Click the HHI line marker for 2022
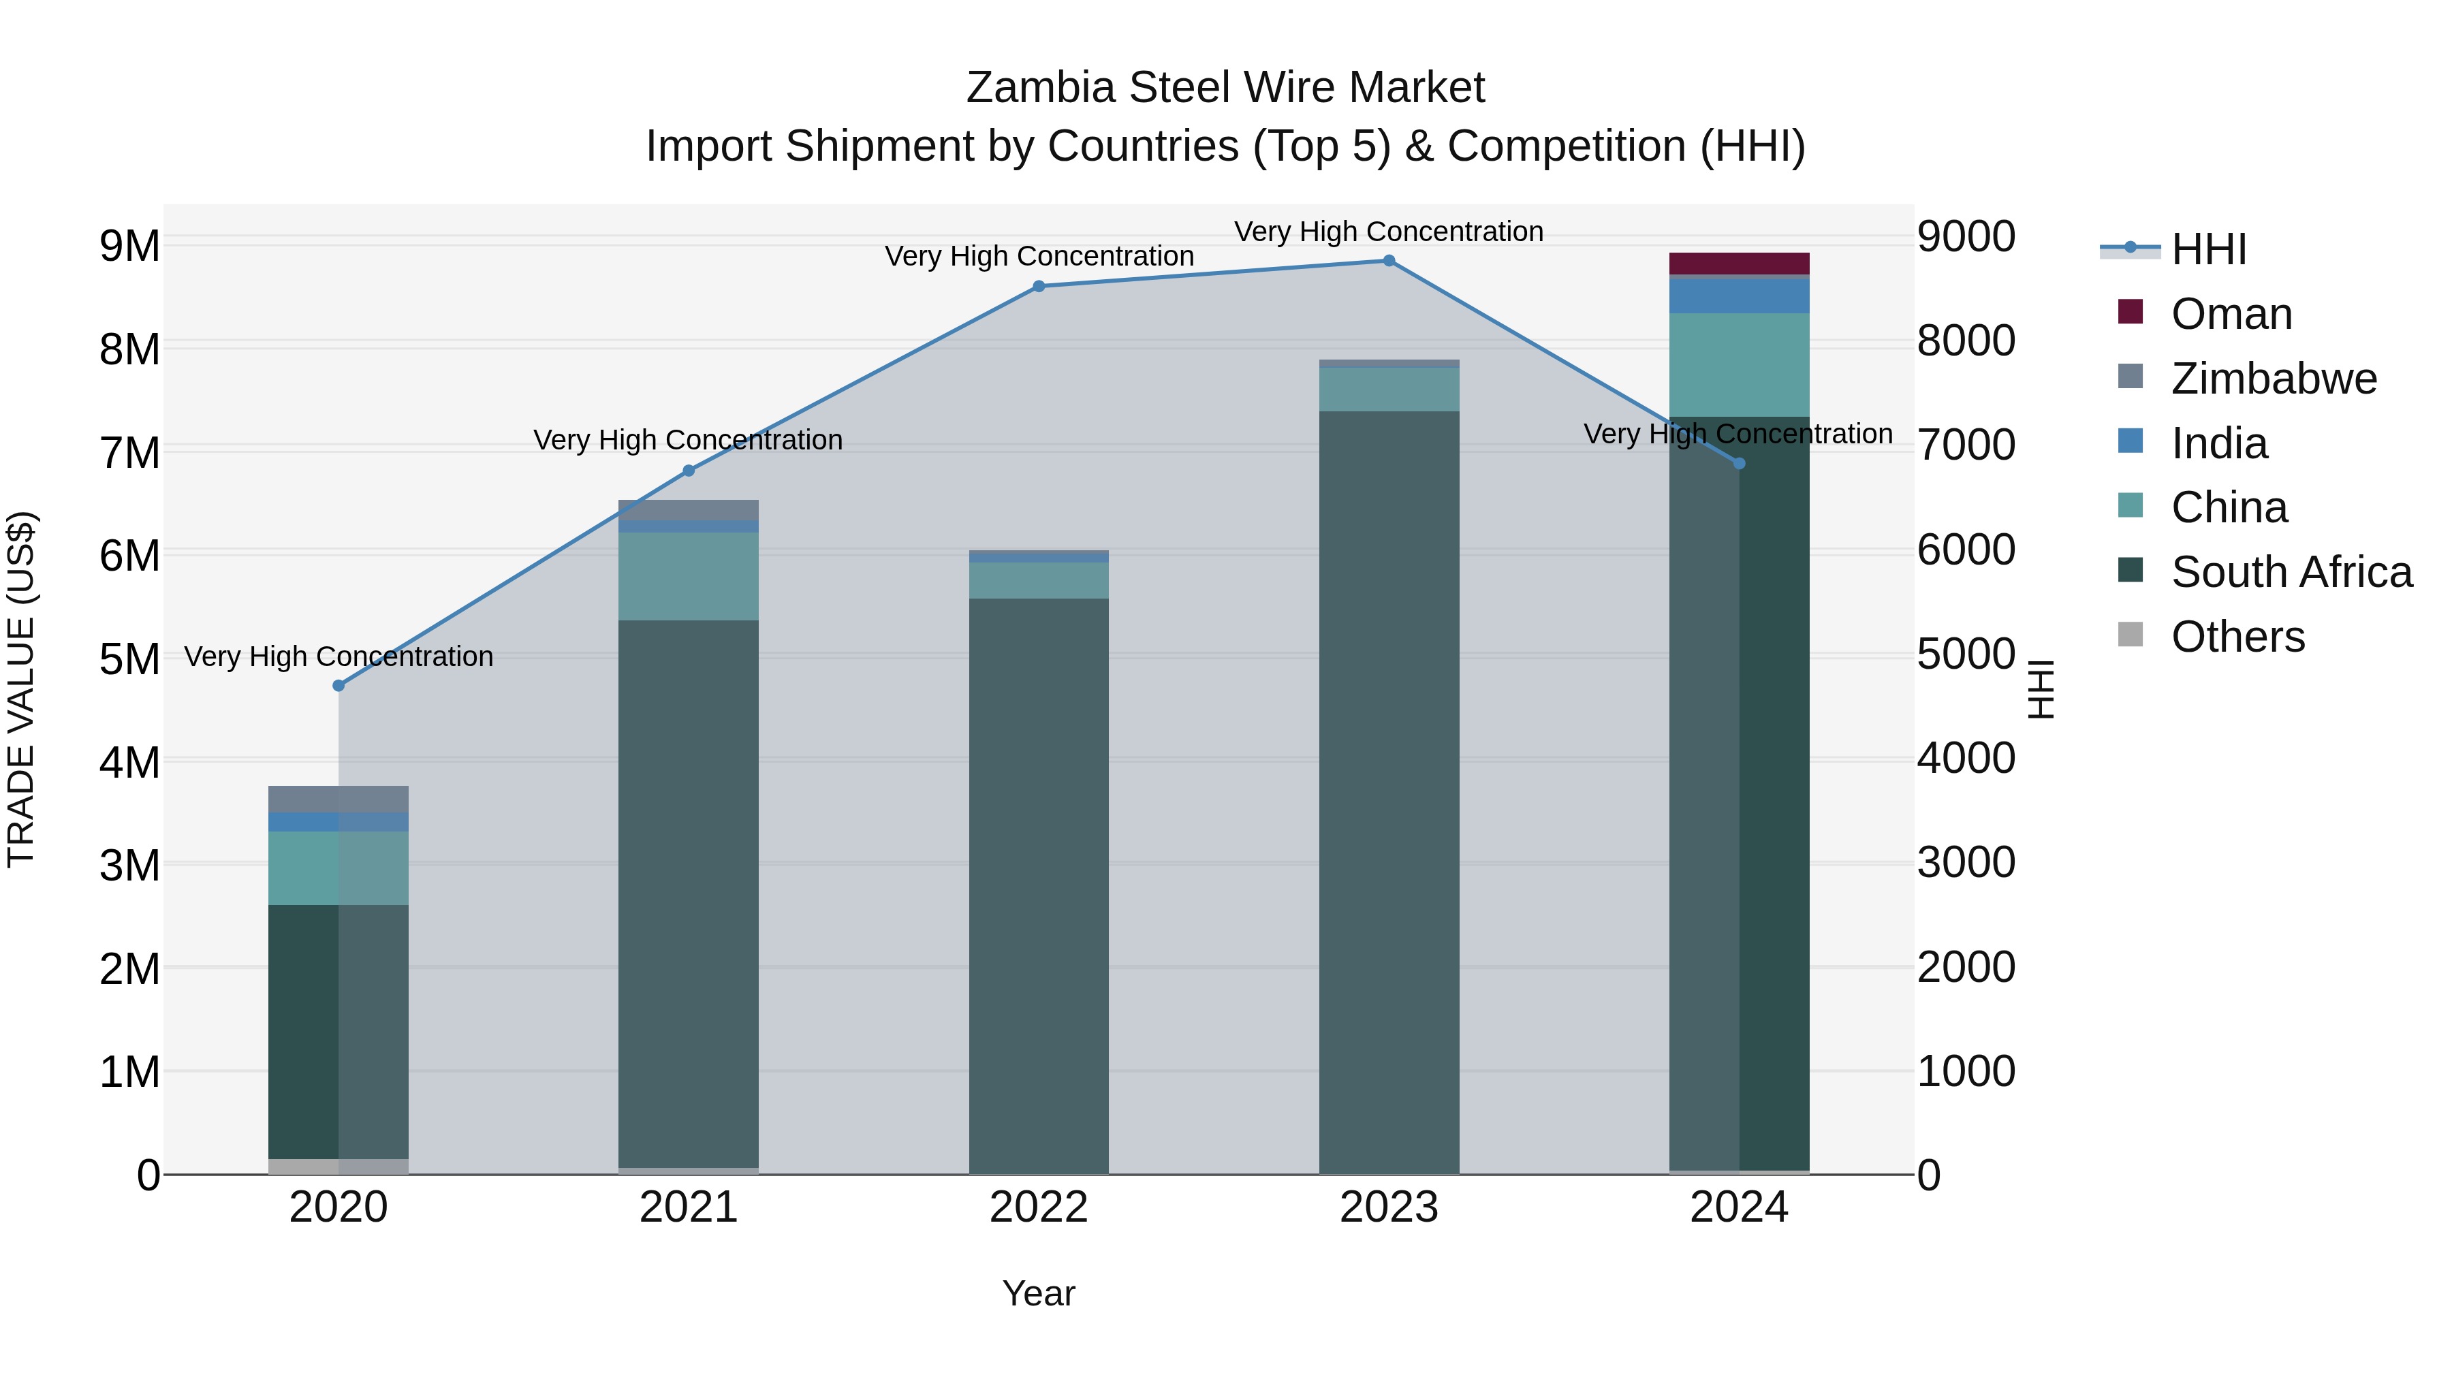coord(1039,287)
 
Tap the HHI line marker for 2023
coord(1389,261)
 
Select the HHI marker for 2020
coord(339,685)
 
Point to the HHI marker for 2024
coord(1739,464)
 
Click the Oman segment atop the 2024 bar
coord(1739,264)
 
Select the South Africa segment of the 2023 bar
coord(1389,790)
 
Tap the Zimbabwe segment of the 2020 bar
coord(339,799)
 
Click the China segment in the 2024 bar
coord(1739,364)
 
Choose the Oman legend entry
coord(2230,314)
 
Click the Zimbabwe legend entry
coord(2273,379)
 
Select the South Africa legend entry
coord(2290,572)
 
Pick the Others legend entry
coord(2237,637)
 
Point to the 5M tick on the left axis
coord(129,659)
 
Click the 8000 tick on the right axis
coord(1966,340)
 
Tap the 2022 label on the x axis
coord(1039,1207)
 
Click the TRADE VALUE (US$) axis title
coord(21,689)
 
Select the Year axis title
coord(1039,1293)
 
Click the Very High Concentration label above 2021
coord(687,440)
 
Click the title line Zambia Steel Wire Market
coord(1225,88)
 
